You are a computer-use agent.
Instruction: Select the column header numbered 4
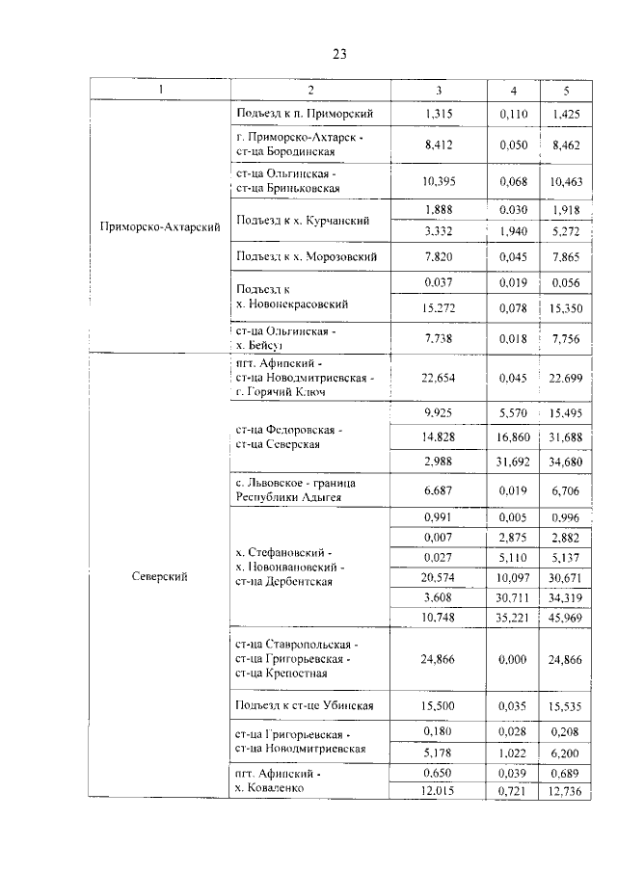pos(512,91)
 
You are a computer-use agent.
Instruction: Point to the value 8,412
pos(439,145)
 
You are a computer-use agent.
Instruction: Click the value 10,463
pos(566,180)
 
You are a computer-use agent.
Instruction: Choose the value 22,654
pos(439,379)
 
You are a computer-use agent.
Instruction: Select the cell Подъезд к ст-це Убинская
pos(303,706)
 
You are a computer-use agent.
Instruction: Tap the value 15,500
pos(439,706)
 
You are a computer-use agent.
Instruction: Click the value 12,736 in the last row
pos(566,791)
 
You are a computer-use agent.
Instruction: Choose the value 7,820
pos(439,256)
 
